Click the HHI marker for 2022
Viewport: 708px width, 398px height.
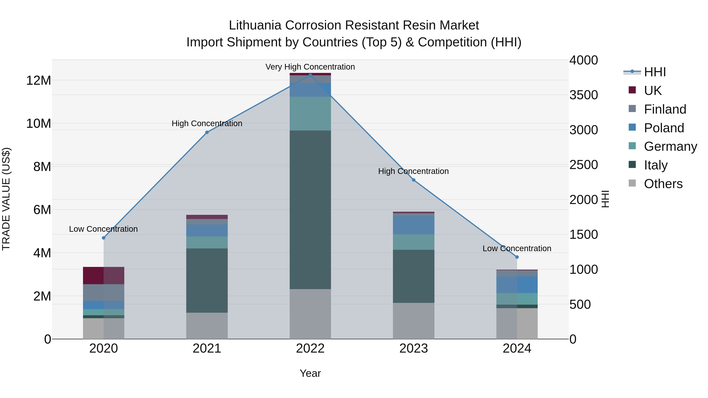(310, 75)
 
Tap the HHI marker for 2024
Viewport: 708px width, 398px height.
(517, 257)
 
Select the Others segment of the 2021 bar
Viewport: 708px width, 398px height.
(207, 326)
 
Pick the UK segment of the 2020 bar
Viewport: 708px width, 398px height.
(104, 276)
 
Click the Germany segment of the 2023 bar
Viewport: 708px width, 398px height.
(414, 242)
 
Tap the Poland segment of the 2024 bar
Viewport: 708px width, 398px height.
(517, 285)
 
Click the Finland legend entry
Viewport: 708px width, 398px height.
(665, 109)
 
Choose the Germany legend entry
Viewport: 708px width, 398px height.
(670, 146)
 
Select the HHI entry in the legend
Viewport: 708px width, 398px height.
(655, 72)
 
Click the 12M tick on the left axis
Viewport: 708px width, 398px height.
(39, 80)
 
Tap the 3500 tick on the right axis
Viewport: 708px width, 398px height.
(584, 95)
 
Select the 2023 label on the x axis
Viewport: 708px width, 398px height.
(414, 348)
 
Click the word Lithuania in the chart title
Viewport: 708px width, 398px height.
(255, 25)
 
